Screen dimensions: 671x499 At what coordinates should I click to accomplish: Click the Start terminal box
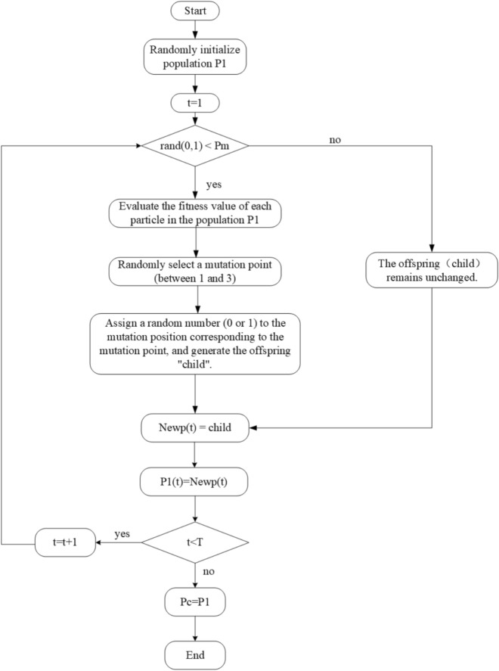pyautogui.click(x=196, y=11)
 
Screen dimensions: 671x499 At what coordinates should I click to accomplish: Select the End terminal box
pyautogui.click(x=196, y=653)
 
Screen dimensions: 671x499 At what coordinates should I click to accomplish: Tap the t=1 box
pyautogui.click(x=196, y=101)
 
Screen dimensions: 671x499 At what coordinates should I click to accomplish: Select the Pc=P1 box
pyautogui.click(x=196, y=603)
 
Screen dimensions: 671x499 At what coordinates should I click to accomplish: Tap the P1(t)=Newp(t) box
pyautogui.click(x=196, y=480)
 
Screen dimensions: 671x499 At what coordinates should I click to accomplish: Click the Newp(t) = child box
pyautogui.click(x=196, y=428)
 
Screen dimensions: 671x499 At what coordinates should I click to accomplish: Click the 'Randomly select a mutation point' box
pyautogui.click(x=196, y=272)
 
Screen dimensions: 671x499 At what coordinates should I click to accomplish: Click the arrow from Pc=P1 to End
pyautogui.click(x=196, y=627)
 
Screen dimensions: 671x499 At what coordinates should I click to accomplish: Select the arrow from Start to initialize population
pyautogui.click(x=196, y=29)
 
